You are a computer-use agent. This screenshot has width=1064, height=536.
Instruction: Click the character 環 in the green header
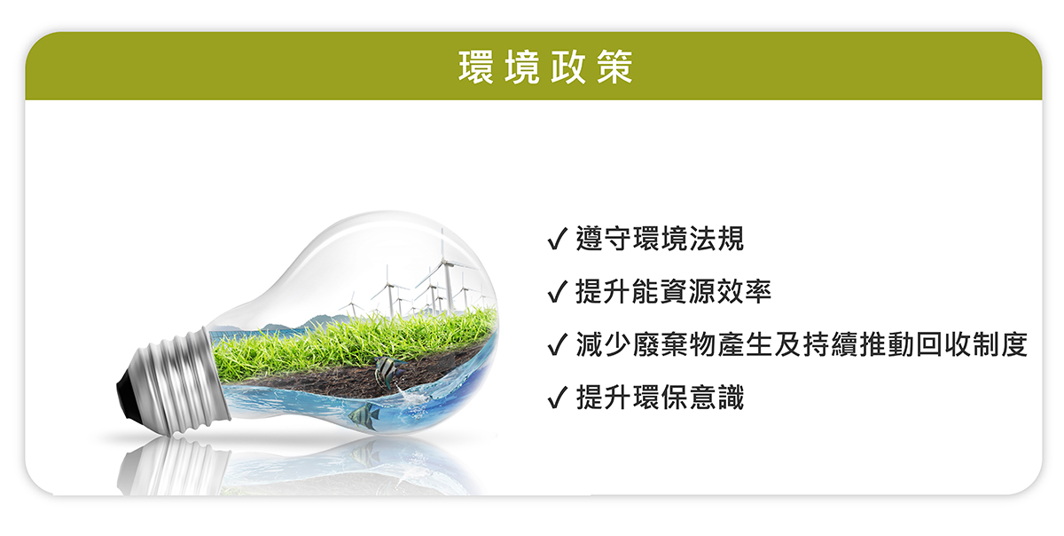(476, 67)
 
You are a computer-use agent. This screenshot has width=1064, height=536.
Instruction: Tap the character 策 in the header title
(615, 67)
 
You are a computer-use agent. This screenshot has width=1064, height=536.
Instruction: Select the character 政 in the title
(568, 67)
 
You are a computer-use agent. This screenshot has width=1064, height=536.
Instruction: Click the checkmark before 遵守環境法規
(557, 239)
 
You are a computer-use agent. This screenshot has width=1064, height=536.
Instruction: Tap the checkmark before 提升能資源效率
(557, 292)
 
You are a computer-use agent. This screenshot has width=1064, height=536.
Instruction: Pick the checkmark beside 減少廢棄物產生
(557, 344)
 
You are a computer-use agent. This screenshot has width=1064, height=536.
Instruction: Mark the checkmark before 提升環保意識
(557, 398)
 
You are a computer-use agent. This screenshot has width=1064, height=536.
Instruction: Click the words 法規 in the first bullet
(716, 239)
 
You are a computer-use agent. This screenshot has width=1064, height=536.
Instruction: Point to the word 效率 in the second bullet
(744, 292)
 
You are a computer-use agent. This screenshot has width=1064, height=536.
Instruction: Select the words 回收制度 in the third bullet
(973, 344)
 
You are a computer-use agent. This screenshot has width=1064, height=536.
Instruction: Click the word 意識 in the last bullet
(716, 398)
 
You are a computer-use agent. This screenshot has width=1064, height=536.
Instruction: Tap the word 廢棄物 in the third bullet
(675, 344)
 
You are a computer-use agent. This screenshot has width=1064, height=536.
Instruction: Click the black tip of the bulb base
(128, 394)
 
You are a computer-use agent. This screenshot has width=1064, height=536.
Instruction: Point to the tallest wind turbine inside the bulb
(445, 271)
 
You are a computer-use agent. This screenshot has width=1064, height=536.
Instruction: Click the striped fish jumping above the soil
(388, 372)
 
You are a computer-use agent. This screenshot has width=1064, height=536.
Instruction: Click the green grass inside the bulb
(351, 343)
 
